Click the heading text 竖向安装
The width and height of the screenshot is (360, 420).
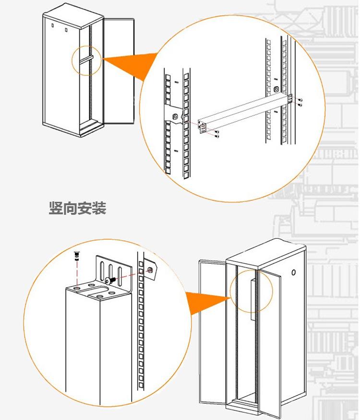77,209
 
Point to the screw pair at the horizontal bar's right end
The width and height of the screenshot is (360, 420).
300,101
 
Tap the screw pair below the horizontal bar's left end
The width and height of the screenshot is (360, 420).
217,135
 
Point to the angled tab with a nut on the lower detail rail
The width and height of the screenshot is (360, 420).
151,270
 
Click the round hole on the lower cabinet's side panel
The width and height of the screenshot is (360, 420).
294,273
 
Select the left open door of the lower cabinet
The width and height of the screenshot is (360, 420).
211,331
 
